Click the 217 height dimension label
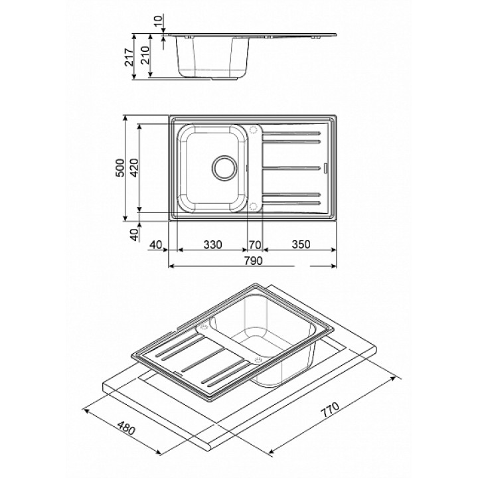(129, 57)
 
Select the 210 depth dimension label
(145, 55)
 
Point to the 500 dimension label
(120, 168)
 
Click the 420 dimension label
(134, 168)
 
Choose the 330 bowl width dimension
(212, 244)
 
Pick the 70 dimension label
(255, 244)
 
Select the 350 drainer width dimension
(301, 244)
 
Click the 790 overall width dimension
(253, 261)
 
